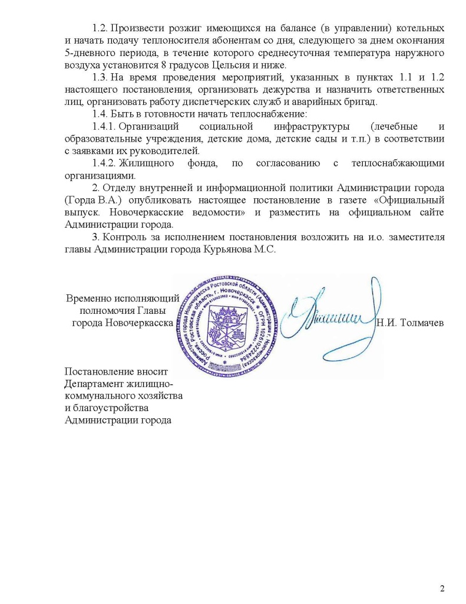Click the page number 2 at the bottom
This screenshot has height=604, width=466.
tap(442, 589)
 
